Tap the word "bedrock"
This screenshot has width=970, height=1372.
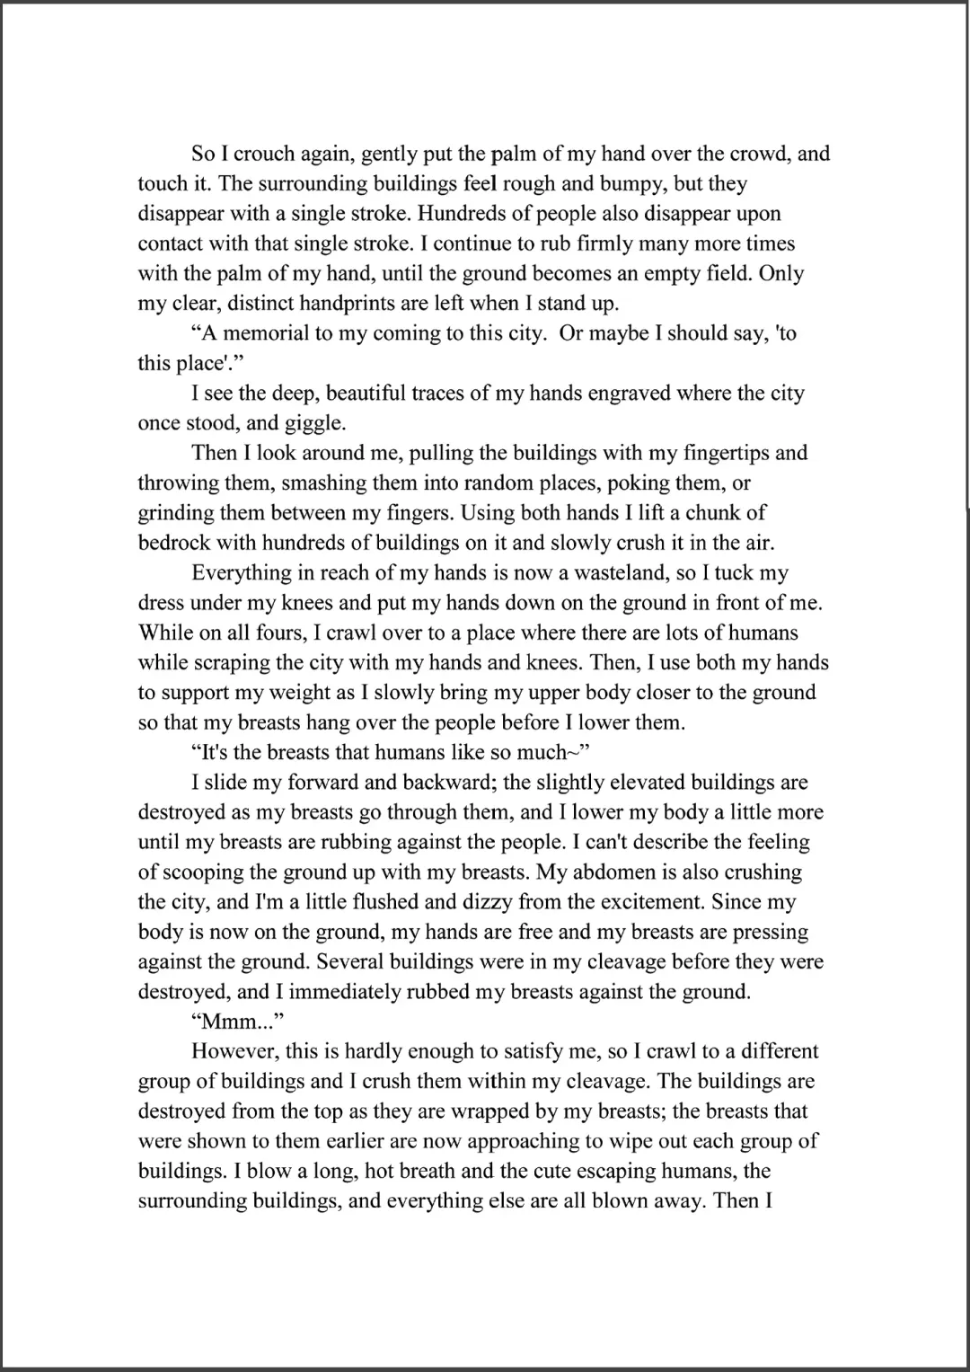[x=175, y=543]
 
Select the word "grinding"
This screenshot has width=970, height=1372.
[x=174, y=513]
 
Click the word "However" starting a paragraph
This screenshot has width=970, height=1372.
[x=230, y=1051]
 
